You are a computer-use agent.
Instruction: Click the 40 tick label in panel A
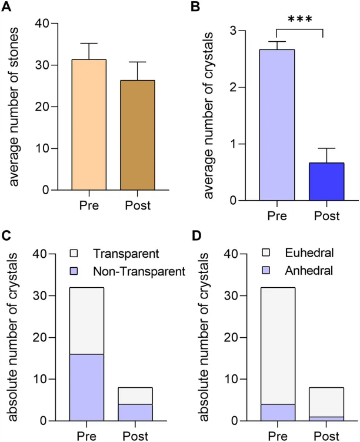click(x=41, y=24)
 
